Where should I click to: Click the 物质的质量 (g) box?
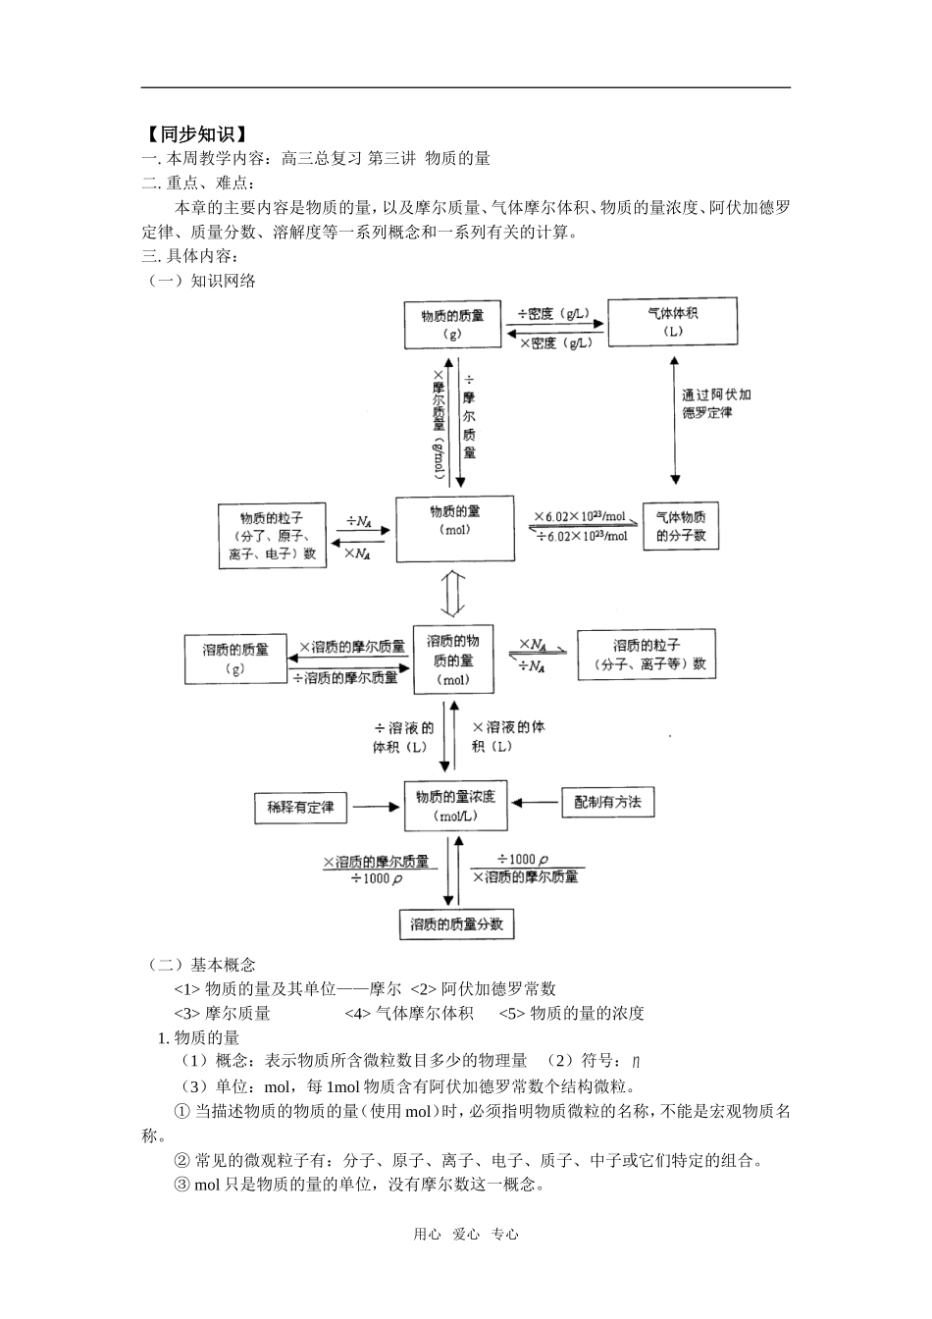click(x=452, y=324)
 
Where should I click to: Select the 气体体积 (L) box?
click(x=672, y=322)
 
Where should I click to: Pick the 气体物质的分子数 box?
click(x=680, y=526)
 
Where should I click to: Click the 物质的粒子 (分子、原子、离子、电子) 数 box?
click(x=272, y=535)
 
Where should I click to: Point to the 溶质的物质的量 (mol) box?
click(x=452, y=659)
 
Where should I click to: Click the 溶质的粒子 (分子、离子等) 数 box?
click(x=646, y=655)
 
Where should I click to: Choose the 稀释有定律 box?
click(x=300, y=807)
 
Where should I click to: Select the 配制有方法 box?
click(x=607, y=802)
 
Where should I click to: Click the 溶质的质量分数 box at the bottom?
click(x=456, y=924)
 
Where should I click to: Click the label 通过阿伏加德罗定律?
click(x=716, y=403)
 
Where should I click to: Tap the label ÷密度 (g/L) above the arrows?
click(x=554, y=314)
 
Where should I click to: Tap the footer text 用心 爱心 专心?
click(x=465, y=1235)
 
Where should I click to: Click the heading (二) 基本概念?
click(x=199, y=965)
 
